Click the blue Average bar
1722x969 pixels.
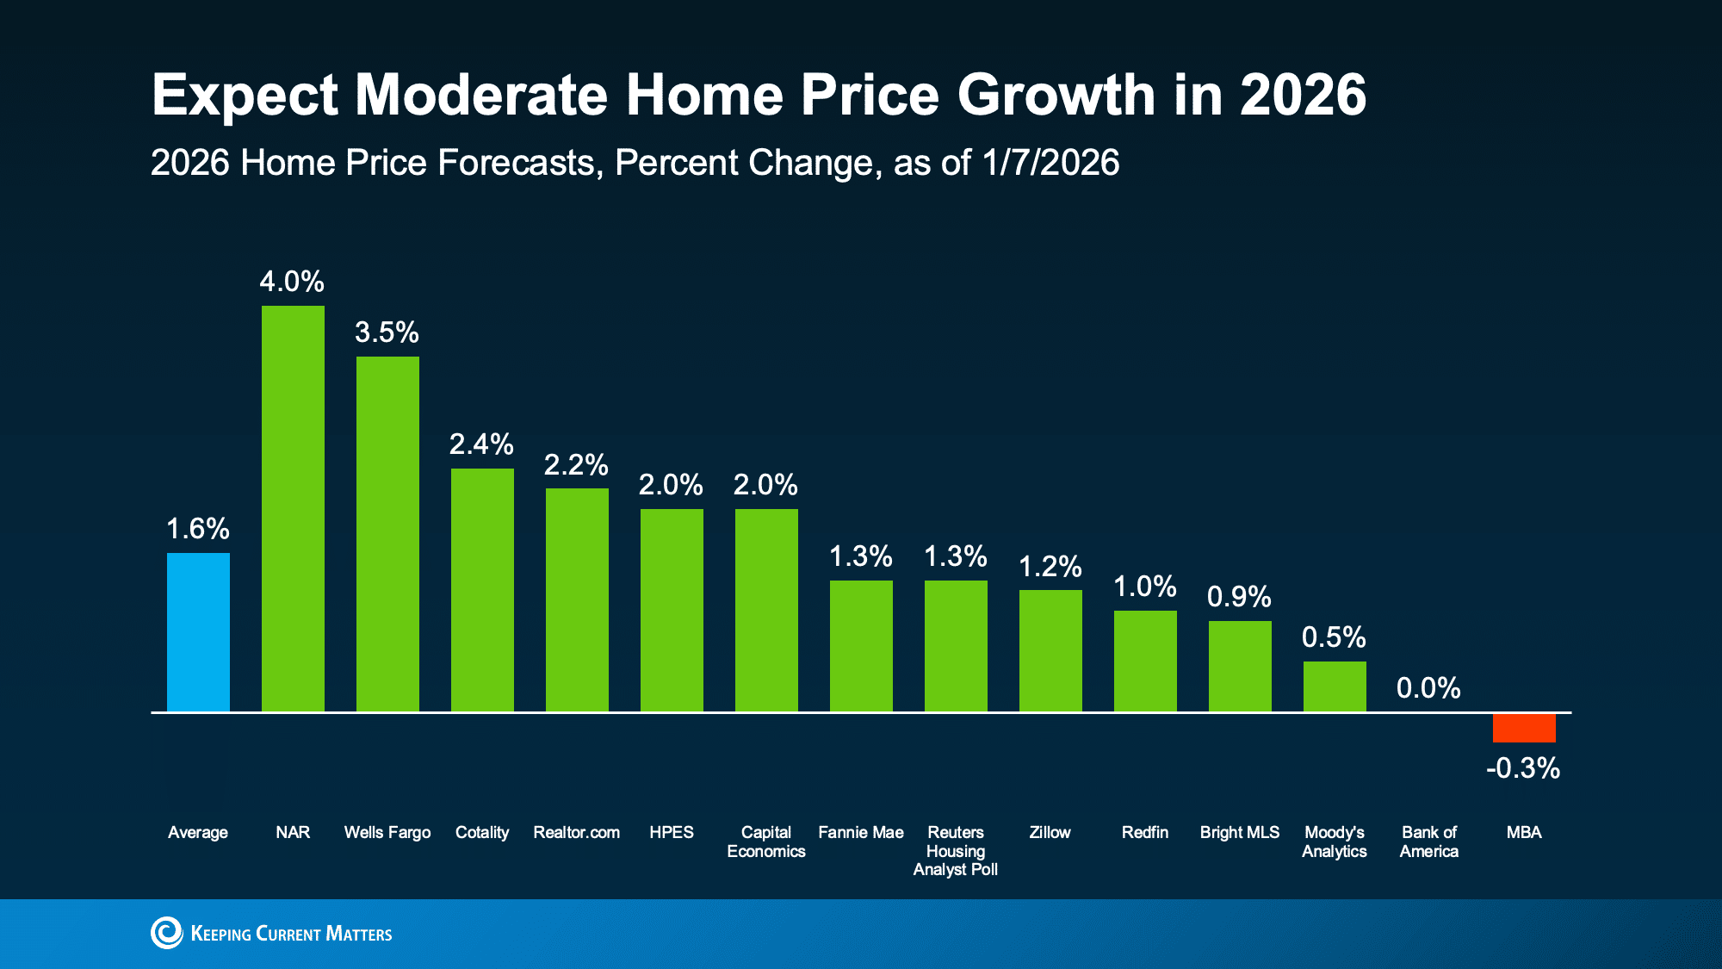[198, 632]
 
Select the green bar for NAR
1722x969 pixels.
[293, 508]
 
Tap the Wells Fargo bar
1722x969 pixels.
[387, 534]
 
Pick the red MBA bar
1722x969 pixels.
[1524, 728]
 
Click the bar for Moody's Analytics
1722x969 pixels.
[1335, 686]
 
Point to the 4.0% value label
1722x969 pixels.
[292, 282]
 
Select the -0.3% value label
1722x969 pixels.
[1523, 768]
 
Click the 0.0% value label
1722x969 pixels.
[1428, 688]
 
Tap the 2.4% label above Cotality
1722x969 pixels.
[481, 444]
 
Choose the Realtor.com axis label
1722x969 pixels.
[577, 833]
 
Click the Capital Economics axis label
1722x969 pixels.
[766, 842]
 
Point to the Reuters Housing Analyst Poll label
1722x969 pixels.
[956, 851]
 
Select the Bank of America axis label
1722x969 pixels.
[1429, 842]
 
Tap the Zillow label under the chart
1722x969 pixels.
[1050, 833]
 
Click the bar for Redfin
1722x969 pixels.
[1145, 661]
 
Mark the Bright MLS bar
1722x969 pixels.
[1240, 666]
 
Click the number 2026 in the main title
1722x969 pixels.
[1303, 95]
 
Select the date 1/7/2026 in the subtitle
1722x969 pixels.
[1050, 163]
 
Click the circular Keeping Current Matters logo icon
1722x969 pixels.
[167, 933]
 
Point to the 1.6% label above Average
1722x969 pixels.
[197, 529]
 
